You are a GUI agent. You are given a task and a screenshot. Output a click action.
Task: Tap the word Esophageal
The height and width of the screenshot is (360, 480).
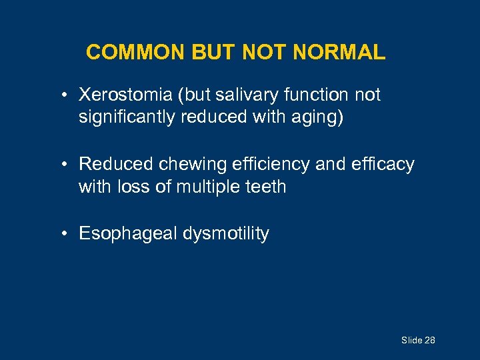[x=121, y=234]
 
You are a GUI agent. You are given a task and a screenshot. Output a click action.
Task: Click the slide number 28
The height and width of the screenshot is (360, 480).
[x=429, y=341]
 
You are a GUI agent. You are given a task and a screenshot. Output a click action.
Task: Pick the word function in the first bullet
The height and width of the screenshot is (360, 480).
[x=319, y=95]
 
